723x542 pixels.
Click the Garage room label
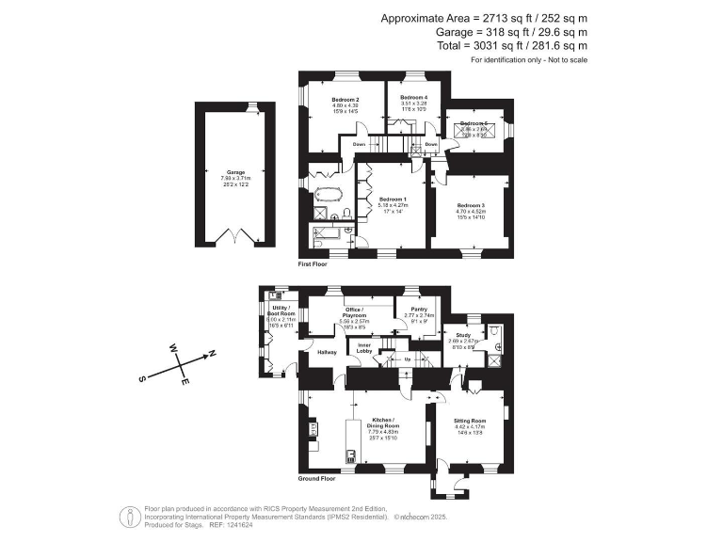click(x=234, y=173)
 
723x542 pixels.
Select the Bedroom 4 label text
click(x=413, y=98)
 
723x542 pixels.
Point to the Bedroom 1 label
click(x=393, y=199)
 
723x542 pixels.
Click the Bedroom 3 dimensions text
click(x=471, y=212)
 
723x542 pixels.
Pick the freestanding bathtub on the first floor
click(x=328, y=195)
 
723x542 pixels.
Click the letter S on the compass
click(x=141, y=379)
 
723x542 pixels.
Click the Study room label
click(x=463, y=334)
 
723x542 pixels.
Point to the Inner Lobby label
click(x=362, y=350)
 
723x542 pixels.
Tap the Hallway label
click(x=327, y=352)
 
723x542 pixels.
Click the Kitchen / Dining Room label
click(x=385, y=422)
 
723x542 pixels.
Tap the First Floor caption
click(x=312, y=264)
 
